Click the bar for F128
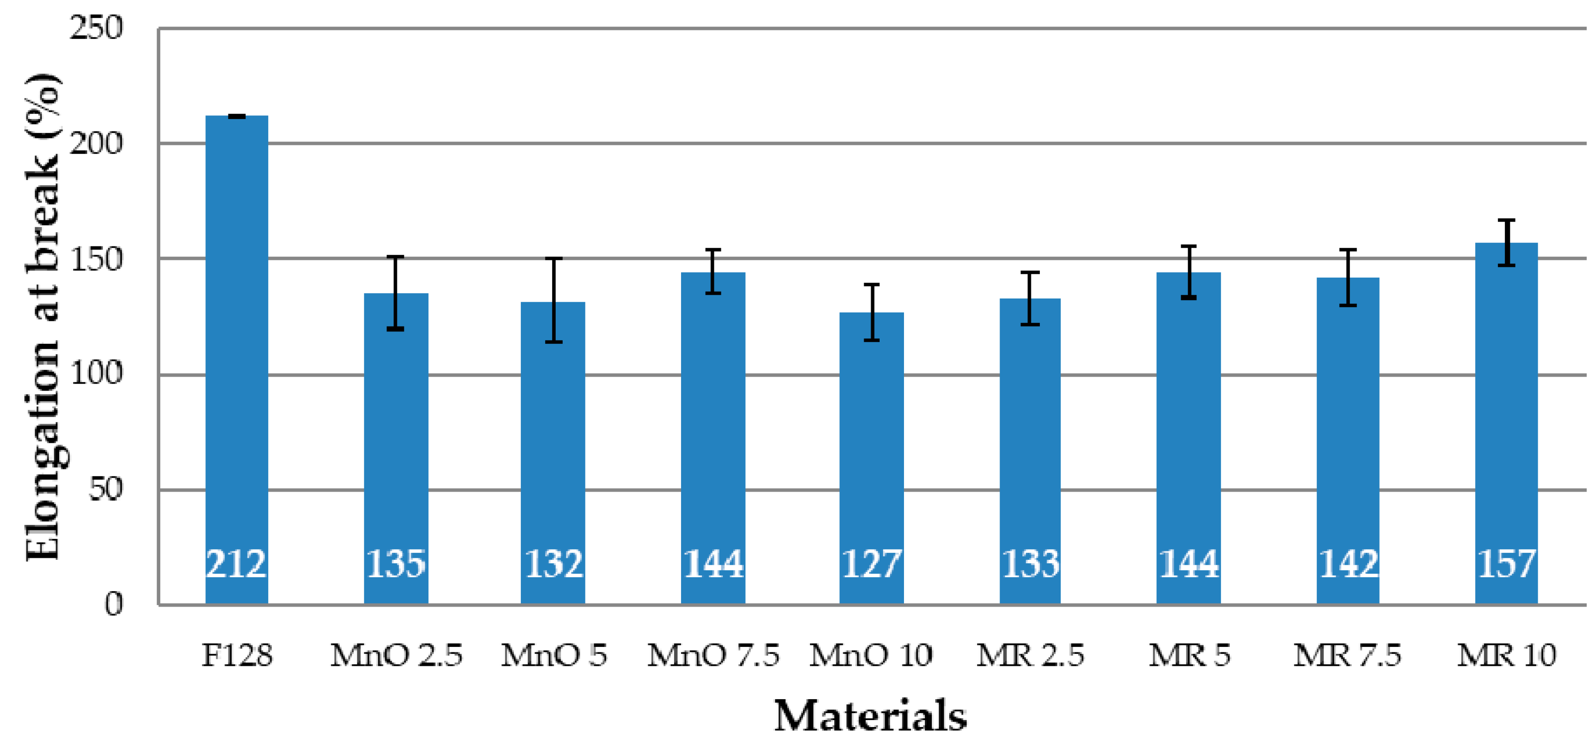coord(237,359)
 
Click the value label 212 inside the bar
coord(236,564)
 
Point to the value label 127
coord(871,564)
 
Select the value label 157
coord(1506,564)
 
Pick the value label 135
coord(396,564)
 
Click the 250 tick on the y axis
coord(96,28)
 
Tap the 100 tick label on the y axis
coord(96,374)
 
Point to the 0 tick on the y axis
coord(113,604)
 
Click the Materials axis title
coord(871,716)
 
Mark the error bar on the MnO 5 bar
coord(553,300)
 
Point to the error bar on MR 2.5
coord(1030,298)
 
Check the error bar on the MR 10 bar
coord(1506,243)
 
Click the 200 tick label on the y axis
coord(96,144)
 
